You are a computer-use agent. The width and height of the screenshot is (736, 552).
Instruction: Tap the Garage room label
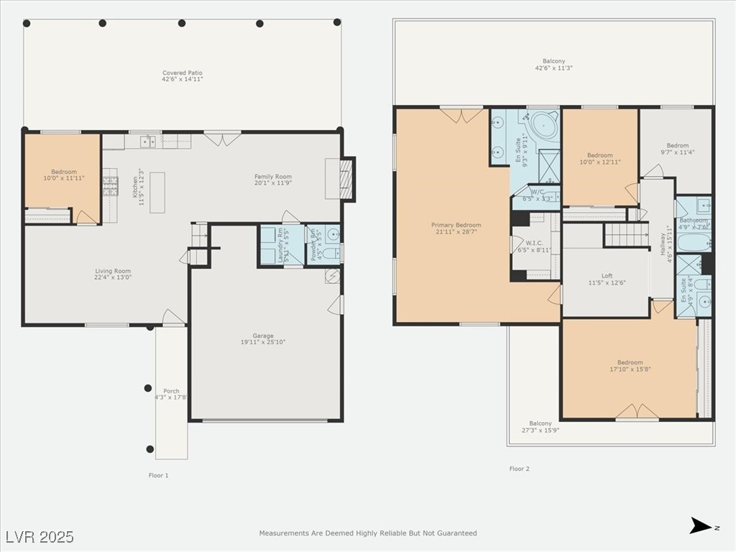pos(263,339)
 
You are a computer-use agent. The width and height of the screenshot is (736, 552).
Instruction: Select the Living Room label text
pos(114,274)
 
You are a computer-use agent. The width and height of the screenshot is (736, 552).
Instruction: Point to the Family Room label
pos(272,180)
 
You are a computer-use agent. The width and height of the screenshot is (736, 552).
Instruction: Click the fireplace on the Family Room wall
pos(346,178)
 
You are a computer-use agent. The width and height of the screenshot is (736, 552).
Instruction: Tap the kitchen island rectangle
pos(157,192)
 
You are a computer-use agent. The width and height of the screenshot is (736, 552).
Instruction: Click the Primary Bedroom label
pos(456,229)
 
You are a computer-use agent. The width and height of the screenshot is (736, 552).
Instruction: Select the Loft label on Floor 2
pos(607,279)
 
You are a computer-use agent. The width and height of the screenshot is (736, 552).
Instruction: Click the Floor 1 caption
pos(158,475)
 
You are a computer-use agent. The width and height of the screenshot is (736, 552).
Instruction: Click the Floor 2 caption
pos(519,469)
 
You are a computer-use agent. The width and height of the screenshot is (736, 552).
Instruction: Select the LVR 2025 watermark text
pos(40,537)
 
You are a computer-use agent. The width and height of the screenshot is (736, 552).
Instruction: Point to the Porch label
pos(171,394)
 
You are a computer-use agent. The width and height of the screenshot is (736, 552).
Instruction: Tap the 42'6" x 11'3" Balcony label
pos(553,65)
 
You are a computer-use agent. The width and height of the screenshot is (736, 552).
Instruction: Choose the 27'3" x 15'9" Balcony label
pos(540,427)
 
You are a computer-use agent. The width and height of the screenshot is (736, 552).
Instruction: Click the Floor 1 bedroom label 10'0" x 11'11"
pos(63,175)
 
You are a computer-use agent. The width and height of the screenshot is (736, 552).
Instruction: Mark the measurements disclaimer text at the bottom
pos(368,533)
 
